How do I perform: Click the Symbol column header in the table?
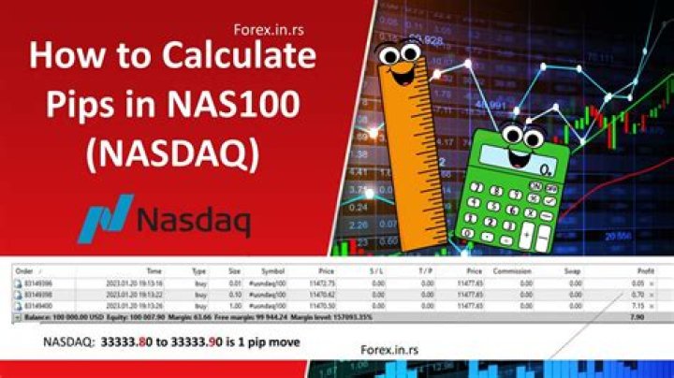271,270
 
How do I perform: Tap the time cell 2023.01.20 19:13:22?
154,294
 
